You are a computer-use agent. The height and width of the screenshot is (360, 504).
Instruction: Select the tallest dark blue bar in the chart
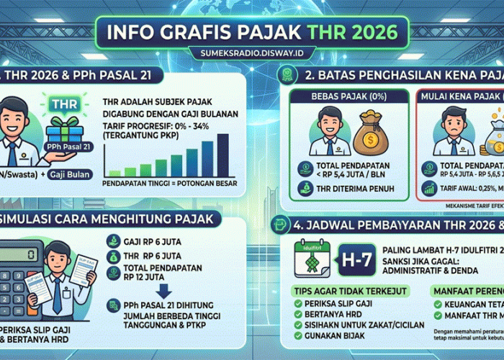coord(223,154)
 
